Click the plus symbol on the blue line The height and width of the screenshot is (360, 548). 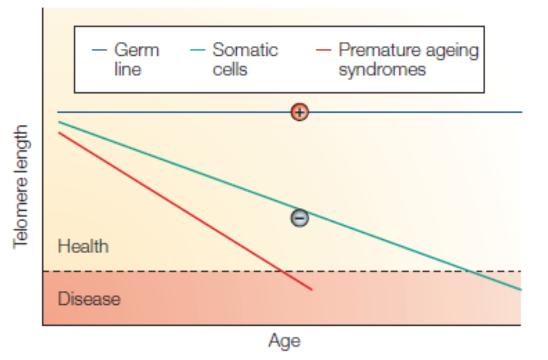(x=299, y=112)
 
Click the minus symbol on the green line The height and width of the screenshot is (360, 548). (x=299, y=217)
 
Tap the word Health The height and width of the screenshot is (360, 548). (x=83, y=246)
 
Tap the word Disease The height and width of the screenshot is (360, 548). (x=89, y=299)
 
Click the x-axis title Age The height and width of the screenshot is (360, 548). (x=284, y=341)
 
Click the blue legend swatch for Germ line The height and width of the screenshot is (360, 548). (x=98, y=50)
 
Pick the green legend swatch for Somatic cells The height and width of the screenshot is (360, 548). (x=197, y=50)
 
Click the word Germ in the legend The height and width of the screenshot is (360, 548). (x=137, y=50)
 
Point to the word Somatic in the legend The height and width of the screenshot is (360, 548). (x=245, y=50)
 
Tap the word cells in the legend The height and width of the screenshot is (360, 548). (x=230, y=69)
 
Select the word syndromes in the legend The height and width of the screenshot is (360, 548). (x=382, y=69)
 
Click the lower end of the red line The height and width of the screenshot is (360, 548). (x=311, y=289)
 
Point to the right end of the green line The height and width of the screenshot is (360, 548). (x=521, y=289)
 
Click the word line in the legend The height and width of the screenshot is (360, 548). (x=128, y=69)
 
